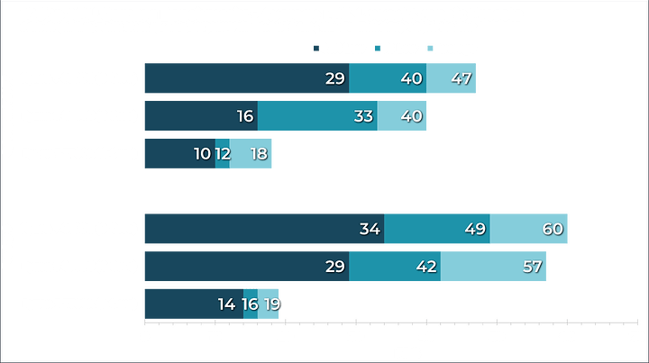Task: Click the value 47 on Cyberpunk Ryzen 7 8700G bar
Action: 461,79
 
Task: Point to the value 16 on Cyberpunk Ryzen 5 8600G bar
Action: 243,116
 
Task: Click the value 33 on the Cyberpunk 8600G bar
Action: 363,116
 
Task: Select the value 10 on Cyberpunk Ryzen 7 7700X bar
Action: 203,154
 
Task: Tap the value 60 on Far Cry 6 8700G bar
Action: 553,229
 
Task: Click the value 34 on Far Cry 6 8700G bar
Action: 370,229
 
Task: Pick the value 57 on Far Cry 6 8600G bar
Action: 533,267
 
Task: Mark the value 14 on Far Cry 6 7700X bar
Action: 227,304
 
